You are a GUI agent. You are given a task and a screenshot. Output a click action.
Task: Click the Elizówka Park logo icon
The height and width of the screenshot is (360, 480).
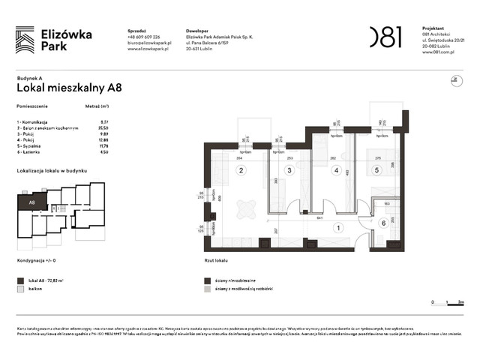(x=25, y=39)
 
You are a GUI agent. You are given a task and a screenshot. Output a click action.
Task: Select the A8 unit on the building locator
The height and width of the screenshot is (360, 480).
(x=32, y=202)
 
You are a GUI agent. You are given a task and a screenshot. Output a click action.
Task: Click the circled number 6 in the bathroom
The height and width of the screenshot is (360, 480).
(x=382, y=223)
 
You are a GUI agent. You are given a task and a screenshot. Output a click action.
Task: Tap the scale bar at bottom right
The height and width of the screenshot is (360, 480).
(x=446, y=301)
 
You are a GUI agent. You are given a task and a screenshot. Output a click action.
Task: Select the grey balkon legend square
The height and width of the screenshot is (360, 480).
(x=19, y=288)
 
